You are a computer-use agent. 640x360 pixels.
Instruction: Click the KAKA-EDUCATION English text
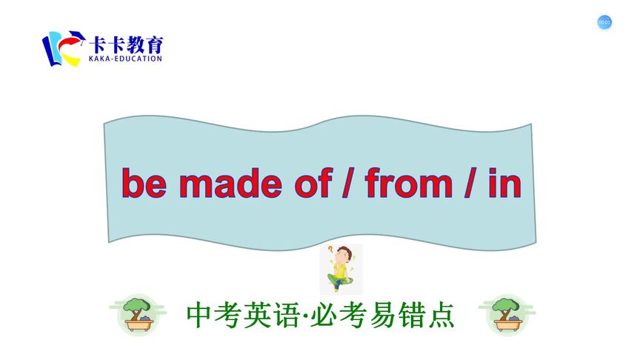[x=124, y=58]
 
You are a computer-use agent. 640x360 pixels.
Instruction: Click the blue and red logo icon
[x=61, y=47]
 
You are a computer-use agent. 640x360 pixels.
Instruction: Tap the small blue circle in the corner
[x=604, y=23]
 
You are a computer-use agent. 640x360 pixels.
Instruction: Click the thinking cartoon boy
[x=340, y=269]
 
